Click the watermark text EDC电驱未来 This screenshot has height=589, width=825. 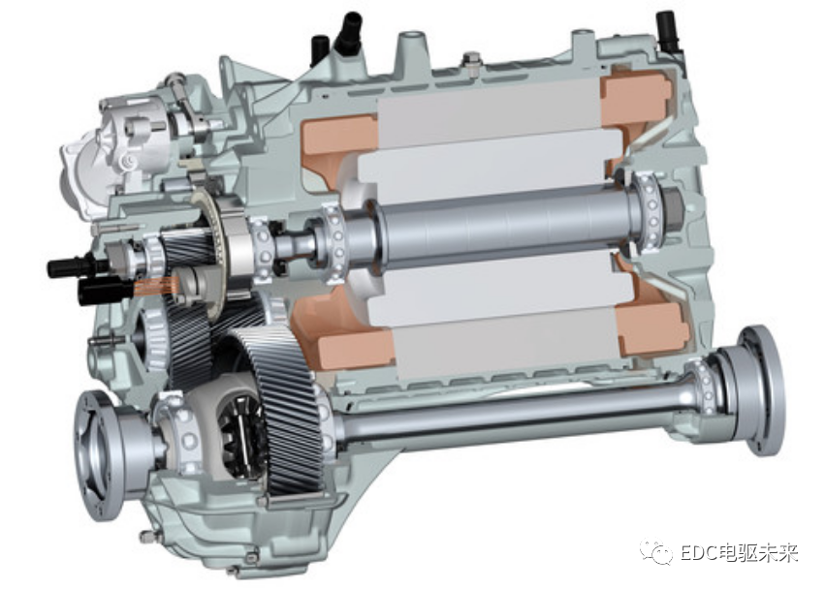739,553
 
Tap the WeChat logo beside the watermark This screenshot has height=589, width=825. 655,552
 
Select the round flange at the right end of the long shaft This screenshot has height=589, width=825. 762,390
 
